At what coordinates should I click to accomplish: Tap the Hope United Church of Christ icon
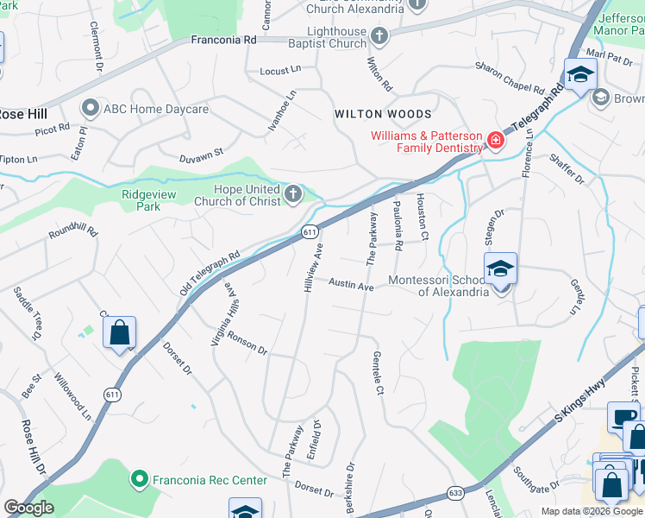click(x=293, y=195)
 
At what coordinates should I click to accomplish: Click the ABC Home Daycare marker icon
click(x=91, y=110)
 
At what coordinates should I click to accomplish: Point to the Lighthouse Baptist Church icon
click(x=379, y=37)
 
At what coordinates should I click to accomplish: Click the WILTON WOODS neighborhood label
click(x=383, y=114)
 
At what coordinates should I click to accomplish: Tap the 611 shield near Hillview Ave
click(x=311, y=232)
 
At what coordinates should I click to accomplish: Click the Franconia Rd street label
click(x=224, y=40)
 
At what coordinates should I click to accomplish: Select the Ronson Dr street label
click(x=248, y=343)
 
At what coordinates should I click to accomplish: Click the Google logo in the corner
click(x=28, y=508)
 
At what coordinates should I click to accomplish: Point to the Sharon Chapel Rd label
click(x=510, y=78)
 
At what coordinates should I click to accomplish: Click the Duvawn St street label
click(x=201, y=154)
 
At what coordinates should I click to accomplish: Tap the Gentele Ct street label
click(x=377, y=373)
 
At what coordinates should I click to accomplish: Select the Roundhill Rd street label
click(x=73, y=233)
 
